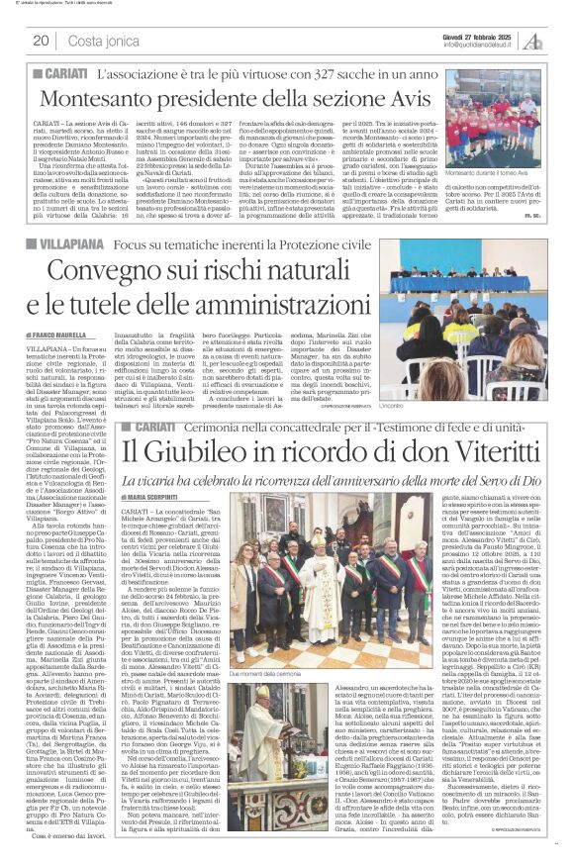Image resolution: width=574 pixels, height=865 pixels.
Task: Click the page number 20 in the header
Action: click(42, 40)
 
